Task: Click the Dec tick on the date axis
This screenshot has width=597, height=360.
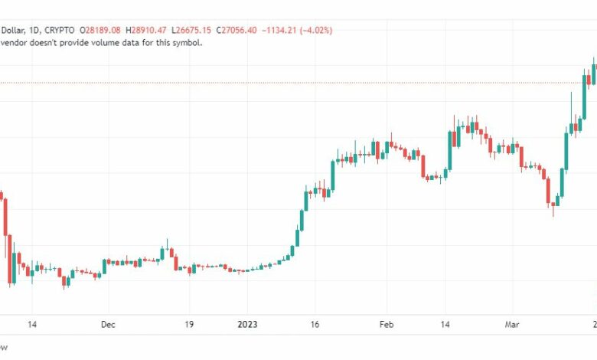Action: pyautogui.click(x=108, y=325)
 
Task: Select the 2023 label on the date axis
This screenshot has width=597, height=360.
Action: pyautogui.click(x=247, y=325)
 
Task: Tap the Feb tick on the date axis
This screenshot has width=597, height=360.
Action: pyautogui.click(x=387, y=325)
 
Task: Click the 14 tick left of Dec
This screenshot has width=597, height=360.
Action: pyautogui.click(x=31, y=325)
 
